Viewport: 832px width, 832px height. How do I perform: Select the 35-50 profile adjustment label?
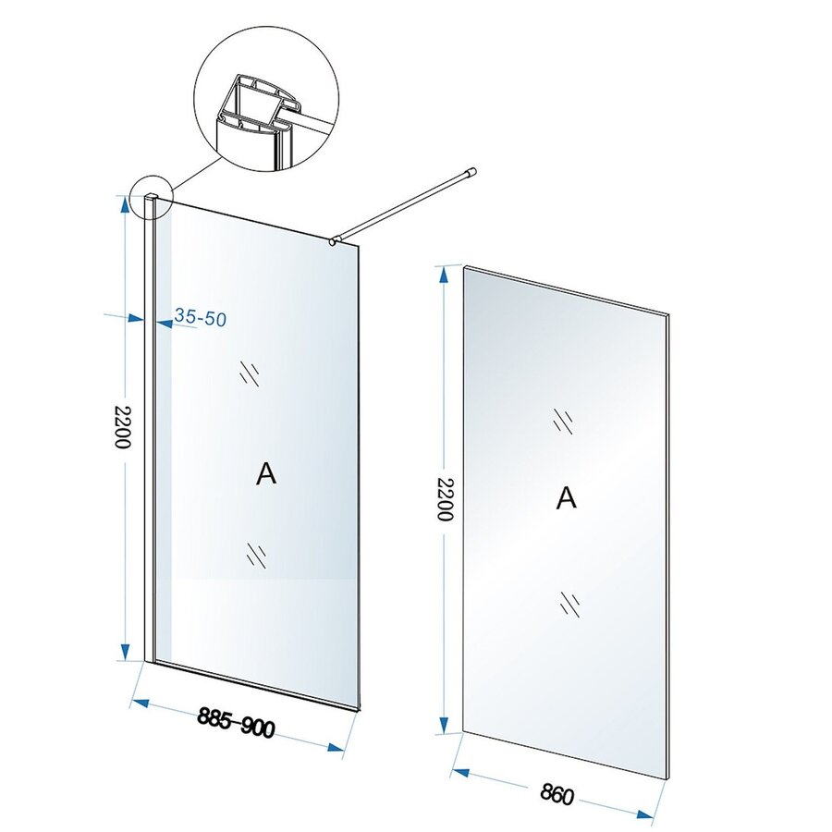click(x=201, y=318)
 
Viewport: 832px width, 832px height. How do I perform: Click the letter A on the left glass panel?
click(x=265, y=474)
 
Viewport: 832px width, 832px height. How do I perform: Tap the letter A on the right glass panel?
click(x=567, y=497)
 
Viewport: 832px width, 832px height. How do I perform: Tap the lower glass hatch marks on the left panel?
click(x=256, y=554)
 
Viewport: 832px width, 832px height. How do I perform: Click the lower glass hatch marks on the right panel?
click(x=569, y=605)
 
